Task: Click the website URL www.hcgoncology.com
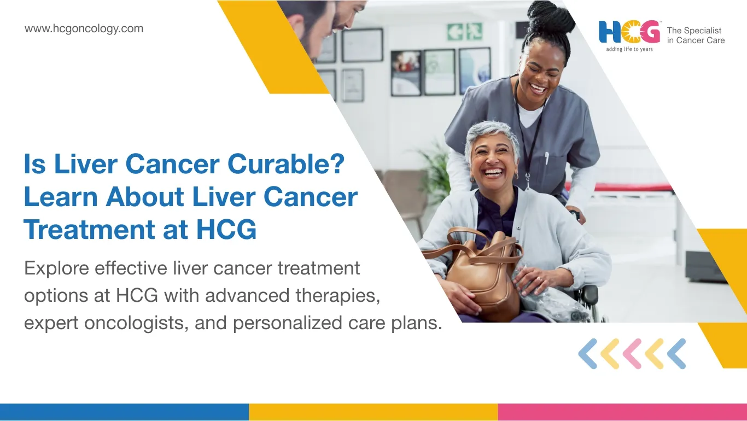coord(84,29)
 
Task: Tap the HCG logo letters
coord(629,32)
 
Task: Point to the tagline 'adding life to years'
coord(629,49)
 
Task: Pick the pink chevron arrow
coord(632,353)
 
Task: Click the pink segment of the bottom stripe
coord(622,412)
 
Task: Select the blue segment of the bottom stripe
coord(124,412)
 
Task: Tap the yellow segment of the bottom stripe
coord(373,412)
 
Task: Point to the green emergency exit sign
coord(465,31)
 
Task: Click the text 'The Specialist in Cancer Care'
coord(696,36)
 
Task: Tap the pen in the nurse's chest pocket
coord(546,159)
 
